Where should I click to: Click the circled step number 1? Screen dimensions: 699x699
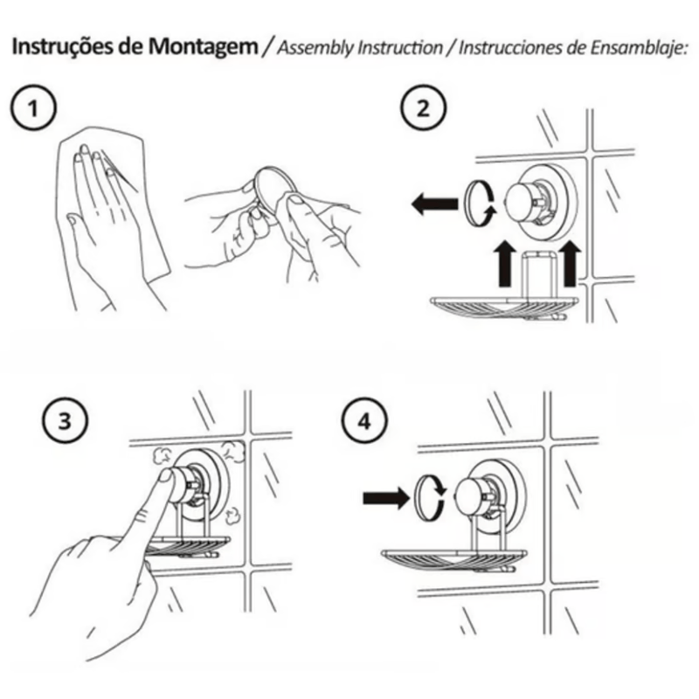click(33, 108)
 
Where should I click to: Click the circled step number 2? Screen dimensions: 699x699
click(423, 107)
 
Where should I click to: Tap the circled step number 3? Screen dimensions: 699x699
click(65, 420)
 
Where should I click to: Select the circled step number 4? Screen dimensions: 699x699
click(364, 420)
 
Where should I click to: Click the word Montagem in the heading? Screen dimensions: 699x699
click(203, 47)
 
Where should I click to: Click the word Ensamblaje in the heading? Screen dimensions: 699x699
click(637, 48)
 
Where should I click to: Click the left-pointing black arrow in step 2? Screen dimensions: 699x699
click(434, 204)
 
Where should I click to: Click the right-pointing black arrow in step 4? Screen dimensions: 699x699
click(386, 497)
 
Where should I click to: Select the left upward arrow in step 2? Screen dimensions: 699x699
click(504, 264)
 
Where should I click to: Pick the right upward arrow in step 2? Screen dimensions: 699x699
click(571, 264)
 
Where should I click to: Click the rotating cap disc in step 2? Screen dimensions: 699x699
click(479, 204)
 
